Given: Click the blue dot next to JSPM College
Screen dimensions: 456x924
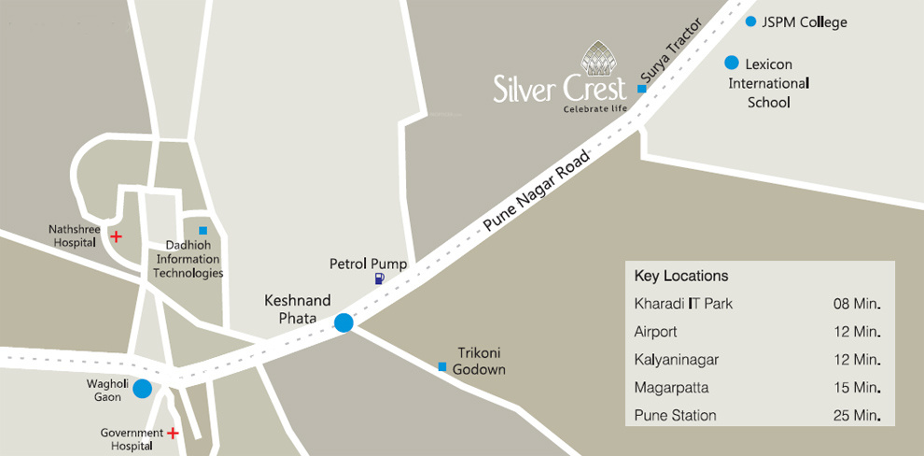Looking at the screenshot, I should tap(750, 21).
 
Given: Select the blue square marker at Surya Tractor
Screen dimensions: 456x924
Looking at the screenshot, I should tap(641, 89).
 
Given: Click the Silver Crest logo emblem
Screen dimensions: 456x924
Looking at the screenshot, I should tap(598, 58).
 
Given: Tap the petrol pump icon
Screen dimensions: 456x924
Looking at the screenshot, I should tap(378, 278).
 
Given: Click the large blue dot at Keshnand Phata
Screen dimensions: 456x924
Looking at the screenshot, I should tap(343, 322).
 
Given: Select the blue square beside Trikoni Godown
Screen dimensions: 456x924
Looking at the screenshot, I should tap(442, 366).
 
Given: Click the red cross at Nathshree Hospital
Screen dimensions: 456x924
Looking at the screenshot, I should tap(116, 236).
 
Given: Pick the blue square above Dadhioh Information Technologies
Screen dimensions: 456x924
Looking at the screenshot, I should tap(203, 230).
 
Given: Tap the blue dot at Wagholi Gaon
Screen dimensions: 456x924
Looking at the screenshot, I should tap(142, 389).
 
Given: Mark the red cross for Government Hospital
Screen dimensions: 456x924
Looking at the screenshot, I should tap(172, 433).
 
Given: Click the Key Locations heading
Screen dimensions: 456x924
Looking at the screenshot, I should tap(680, 277).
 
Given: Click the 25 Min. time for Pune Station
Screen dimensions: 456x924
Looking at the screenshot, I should tap(858, 415).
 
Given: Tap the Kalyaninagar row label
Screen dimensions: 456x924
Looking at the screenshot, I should tap(676, 360).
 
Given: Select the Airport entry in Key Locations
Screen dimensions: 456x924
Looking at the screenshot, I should tap(655, 332).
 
